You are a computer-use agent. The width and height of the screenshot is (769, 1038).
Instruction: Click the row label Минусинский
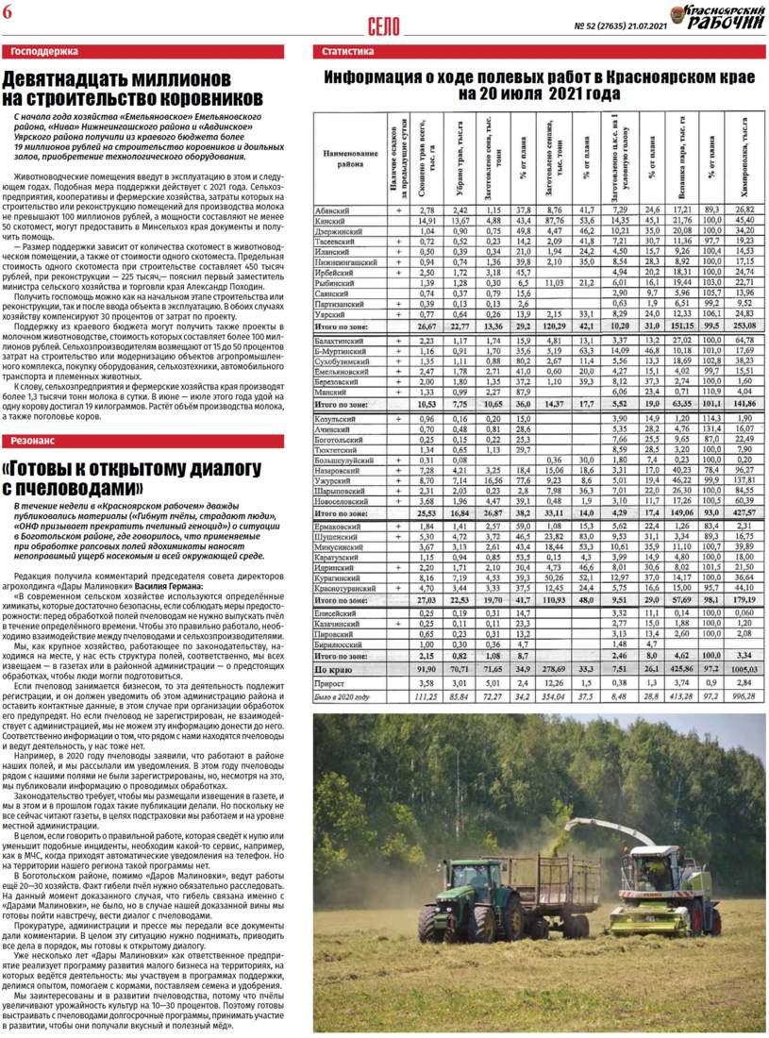click(346, 546)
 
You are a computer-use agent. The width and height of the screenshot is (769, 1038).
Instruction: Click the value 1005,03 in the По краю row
click(744, 669)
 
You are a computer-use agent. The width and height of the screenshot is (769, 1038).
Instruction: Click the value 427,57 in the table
click(744, 511)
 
